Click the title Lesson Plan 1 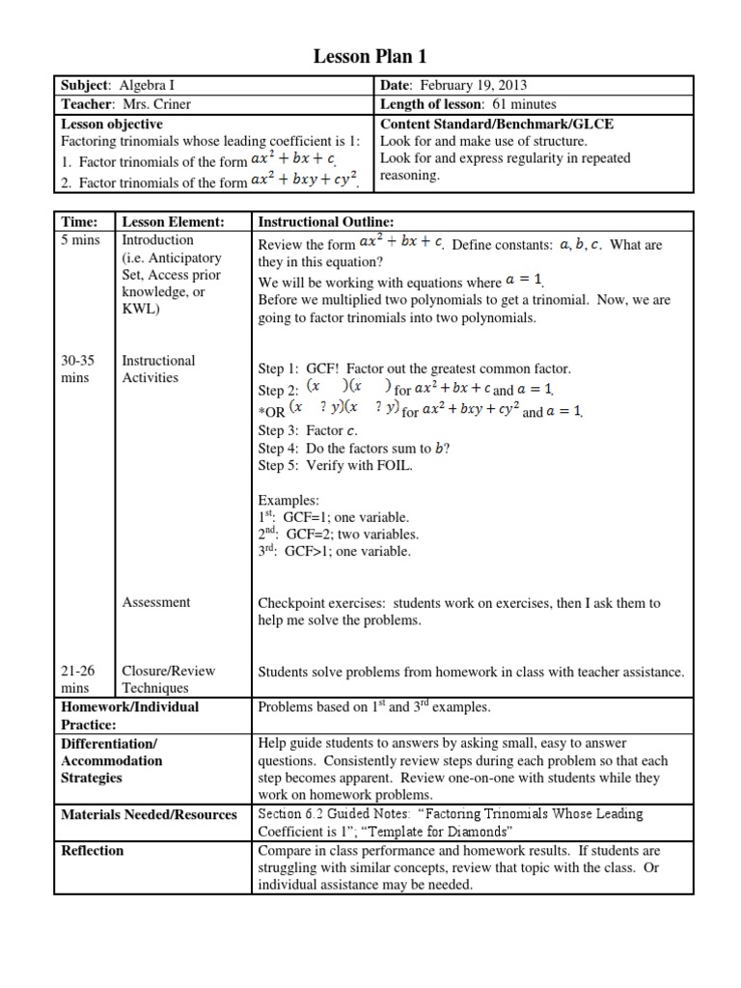click(x=370, y=56)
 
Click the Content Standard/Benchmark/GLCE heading click(x=497, y=123)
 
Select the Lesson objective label click(x=112, y=123)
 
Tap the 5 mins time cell click(x=79, y=240)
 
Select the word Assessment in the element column click(x=156, y=602)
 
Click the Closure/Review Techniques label click(x=168, y=679)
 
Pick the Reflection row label click(x=93, y=850)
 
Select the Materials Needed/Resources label click(x=149, y=814)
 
